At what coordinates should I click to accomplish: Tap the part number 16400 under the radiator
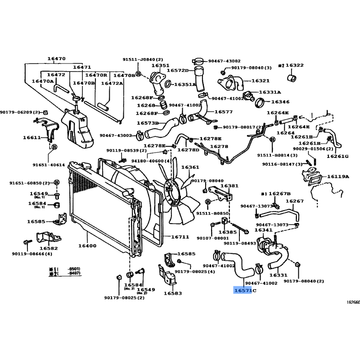pyautogui.click(x=87, y=246)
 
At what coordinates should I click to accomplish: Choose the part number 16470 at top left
pyautogui.click(x=56, y=58)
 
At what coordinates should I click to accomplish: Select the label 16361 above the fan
pyautogui.click(x=190, y=167)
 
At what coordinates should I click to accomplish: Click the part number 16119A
pyautogui.click(x=338, y=176)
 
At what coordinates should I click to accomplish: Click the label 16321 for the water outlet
pyautogui.click(x=260, y=81)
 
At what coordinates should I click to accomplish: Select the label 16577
pyautogui.click(x=223, y=112)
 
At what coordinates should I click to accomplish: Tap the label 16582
pyautogui.click(x=48, y=248)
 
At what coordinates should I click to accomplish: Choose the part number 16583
pyautogui.click(x=172, y=293)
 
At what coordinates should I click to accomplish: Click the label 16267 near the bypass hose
pyautogui.click(x=295, y=201)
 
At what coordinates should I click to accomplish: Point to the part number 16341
pyautogui.click(x=264, y=230)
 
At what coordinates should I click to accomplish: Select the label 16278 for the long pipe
pyautogui.click(x=219, y=146)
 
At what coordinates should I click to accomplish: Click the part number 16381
pyautogui.click(x=229, y=185)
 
